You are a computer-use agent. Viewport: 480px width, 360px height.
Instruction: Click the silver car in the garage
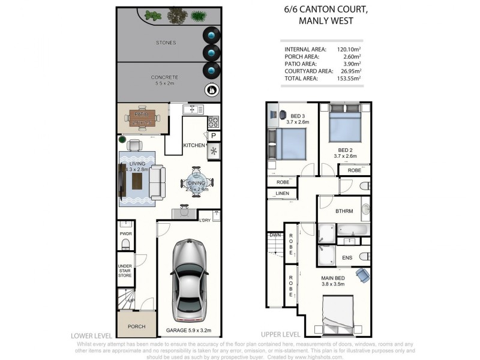[x=190, y=280]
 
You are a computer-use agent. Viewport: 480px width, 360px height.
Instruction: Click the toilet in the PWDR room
[x=126, y=244]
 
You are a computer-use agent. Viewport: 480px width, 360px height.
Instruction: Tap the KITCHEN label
[x=193, y=146]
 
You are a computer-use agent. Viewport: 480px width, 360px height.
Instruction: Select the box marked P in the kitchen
[x=214, y=136]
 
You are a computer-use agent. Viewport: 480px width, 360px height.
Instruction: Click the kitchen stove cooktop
[x=214, y=122]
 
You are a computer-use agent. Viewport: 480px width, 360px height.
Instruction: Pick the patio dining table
[x=142, y=118]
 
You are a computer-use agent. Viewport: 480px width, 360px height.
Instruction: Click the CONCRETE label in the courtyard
[x=164, y=77]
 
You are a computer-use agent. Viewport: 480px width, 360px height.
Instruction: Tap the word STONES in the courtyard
[x=166, y=43]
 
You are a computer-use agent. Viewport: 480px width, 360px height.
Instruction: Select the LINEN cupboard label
[x=282, y=193]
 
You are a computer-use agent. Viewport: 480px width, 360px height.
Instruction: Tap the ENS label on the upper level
[x=347, y=257]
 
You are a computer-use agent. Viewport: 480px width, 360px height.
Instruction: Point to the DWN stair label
[x=275, y=235]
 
